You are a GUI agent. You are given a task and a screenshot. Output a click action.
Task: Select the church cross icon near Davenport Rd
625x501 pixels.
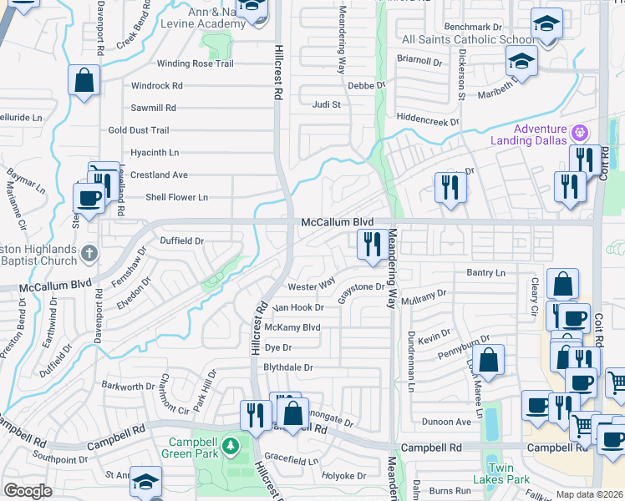tap(90, 251)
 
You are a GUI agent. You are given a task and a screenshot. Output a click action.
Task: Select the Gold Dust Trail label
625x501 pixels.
tap(139, 130)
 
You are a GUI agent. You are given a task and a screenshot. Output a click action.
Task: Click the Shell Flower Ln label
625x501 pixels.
tap(176, 197)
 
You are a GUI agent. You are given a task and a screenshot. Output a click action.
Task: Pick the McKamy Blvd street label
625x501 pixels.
tap(292, 327)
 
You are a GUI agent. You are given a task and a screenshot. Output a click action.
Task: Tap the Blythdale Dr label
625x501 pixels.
tap(288, 367)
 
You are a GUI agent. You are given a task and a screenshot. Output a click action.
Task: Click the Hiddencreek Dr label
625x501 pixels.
tap(428, 121)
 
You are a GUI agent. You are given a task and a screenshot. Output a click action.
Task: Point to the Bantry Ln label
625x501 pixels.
tap(488, 273)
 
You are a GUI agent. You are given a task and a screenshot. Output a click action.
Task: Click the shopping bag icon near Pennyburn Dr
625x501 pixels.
tap(490, 360)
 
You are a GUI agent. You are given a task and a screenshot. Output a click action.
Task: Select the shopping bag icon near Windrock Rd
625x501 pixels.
tap(84, 80)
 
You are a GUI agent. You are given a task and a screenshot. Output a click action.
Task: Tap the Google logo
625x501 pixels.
tap(28, 490)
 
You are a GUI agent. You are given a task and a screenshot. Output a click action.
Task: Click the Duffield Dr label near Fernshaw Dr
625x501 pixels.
tap(182, 240)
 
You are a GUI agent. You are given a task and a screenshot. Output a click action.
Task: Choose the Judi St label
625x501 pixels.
tap(326, 105)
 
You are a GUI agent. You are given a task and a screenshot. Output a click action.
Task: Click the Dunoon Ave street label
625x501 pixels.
tap(446, 423)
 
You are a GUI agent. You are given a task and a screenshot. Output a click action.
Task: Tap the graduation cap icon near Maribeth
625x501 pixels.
tap(521, 61)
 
